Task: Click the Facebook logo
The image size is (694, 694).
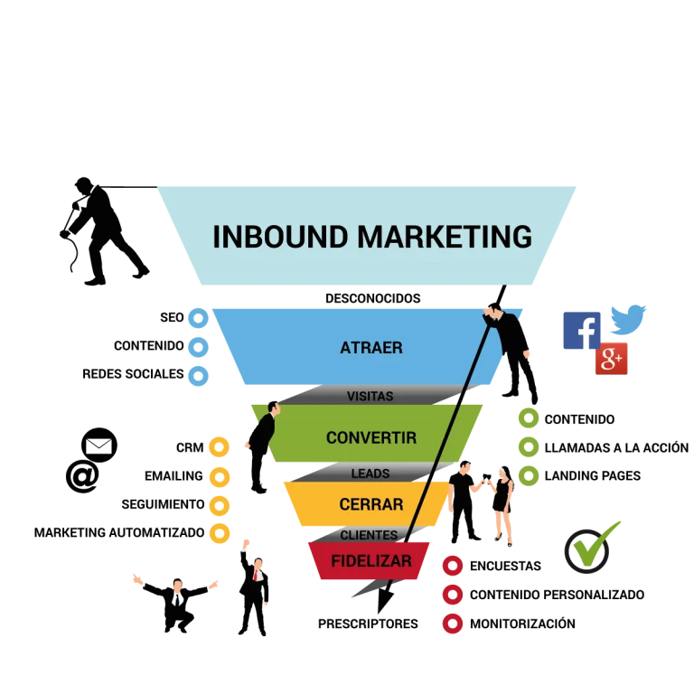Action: point(582,331)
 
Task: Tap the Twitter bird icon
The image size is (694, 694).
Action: point(628,319)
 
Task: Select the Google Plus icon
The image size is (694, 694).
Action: point(611,359)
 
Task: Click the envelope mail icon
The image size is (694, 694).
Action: point(99,445)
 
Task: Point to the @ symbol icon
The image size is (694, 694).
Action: point(82,476)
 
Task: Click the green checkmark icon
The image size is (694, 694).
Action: point(592,548)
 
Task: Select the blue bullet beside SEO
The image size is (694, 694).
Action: point(198,318)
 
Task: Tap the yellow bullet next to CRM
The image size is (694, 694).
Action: point(219,447)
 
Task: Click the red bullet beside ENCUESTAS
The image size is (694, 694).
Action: point(453,566)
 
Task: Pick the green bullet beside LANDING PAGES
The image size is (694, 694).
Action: point(529,476)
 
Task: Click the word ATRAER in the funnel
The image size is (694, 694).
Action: point(371,348)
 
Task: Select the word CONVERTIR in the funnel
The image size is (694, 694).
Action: point(371,437)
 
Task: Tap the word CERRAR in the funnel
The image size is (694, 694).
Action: point(371,504)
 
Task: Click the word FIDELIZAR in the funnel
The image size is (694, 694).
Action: point(371,561)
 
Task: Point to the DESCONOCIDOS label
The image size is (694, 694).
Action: point(372,298)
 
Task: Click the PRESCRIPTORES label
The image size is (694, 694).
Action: point(368,624)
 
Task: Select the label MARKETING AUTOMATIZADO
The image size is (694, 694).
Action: point(119,532)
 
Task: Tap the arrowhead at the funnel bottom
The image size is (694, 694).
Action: point(384,601)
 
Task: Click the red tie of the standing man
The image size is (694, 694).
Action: point(256,576)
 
